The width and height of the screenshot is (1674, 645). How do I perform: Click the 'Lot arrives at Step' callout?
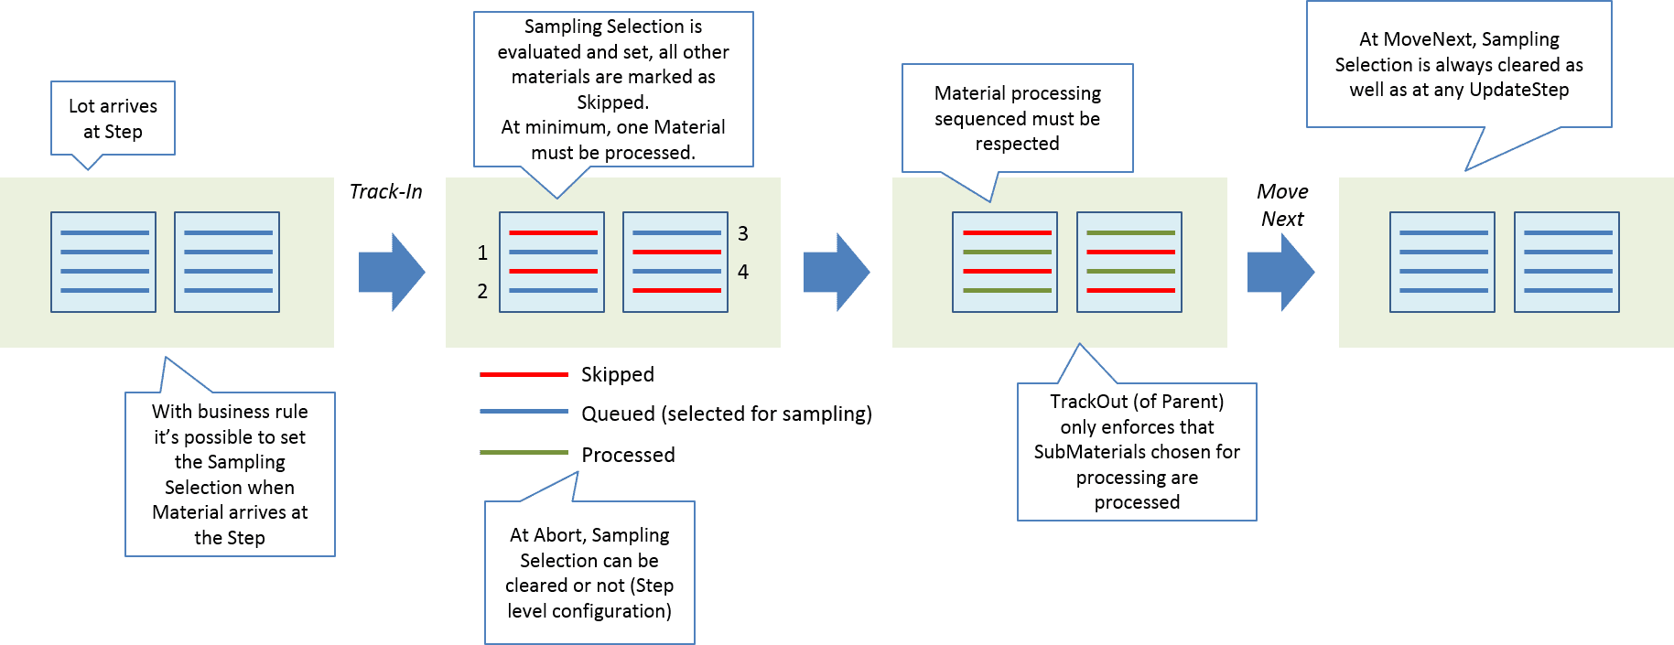tap(113, 119)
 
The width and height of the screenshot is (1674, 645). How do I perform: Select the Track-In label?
tap(385, 191)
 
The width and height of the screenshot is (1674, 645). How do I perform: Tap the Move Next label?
tap(1281, 205)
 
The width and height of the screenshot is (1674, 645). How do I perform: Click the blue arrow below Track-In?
tap(391, 272)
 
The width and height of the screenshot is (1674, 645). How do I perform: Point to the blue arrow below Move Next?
tap(1280, 272)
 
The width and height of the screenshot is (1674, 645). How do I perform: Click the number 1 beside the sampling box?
tap(482, 253)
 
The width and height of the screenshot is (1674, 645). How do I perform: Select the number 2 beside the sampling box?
tap(482, 291)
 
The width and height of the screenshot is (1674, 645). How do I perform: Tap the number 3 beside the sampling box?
tap(743, 233)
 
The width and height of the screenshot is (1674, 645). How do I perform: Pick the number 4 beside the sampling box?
tap(743, 272)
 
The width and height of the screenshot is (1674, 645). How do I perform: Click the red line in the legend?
tap(524, 374)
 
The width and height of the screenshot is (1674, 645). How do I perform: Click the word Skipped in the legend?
tap(617, 374)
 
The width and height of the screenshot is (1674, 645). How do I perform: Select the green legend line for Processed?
tap(524, 453)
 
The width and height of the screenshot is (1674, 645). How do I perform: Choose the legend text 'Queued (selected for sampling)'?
tap(726, 414)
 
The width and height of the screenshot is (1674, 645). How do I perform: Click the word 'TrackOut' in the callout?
tap(1088, 401)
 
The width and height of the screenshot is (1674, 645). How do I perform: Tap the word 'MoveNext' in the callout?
tap(1427, 39)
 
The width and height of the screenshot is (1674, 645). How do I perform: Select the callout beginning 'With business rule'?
tap(230, 474)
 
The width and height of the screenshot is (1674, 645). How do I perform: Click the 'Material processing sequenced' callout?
tap(1017, 118)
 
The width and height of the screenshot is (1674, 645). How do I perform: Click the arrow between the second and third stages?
tap(836, 272)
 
